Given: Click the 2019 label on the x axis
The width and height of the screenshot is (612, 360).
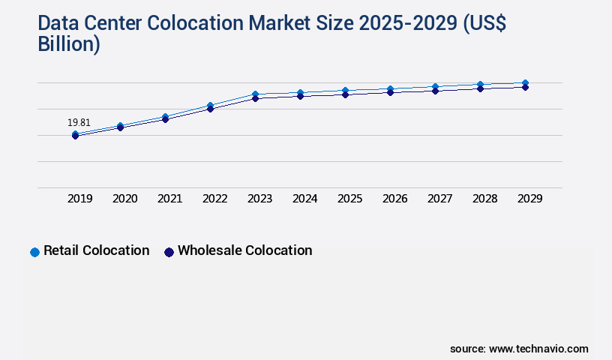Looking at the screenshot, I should tap(79, 199).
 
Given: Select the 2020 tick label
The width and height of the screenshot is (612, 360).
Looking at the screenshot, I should tap(124, 199).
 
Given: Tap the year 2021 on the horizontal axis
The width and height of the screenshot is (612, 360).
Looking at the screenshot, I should tap(169, 199).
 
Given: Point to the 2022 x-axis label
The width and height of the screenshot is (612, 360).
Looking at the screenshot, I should tap(214, 199).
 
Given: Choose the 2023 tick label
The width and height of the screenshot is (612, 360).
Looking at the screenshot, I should tap(259, 199).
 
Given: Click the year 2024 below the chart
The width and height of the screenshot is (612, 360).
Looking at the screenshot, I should tap(304, 199).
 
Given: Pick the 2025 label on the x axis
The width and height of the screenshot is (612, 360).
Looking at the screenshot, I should tap(349, 199).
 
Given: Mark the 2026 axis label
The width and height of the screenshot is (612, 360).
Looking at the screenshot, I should tap(394, 199).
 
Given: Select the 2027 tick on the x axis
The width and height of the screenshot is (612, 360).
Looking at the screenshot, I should tap(439, 199).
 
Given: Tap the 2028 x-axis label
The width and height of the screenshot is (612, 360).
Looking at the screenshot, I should tap(484, 199).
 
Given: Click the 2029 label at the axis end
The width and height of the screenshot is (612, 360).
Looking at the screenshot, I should tap(529, 199).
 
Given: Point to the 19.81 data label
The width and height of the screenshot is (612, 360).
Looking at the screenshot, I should tap(79, 122).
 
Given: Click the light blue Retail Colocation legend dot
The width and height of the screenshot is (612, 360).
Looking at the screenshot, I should tap(34, 252).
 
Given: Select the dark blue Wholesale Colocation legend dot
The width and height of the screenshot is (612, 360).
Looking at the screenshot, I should tap(169, 252).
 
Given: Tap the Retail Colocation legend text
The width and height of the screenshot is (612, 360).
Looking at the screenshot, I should tap(96, 250).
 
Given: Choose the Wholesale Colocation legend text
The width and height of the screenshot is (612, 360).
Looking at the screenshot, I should tap(244, 250).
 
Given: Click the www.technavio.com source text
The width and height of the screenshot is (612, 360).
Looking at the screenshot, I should tap(538, 349).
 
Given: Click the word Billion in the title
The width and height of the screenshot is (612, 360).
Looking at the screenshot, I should tap(68, 44).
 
